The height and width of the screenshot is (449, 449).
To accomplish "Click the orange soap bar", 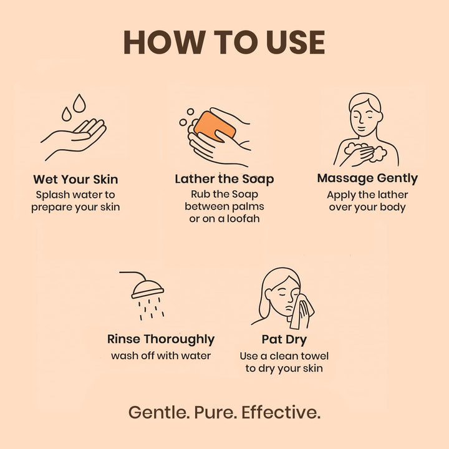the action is [215, 127].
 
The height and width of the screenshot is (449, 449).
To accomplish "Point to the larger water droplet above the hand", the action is [79, 103].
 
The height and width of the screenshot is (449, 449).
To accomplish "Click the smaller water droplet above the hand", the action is [67, 114].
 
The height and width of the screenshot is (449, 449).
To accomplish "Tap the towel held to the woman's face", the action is [301, 311].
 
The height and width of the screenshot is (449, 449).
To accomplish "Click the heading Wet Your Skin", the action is [75, 180].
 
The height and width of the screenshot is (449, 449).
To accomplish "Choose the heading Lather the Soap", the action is [224, 179].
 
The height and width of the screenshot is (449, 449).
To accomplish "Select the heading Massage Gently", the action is [367, 178].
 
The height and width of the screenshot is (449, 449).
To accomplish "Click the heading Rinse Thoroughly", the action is [161, 339].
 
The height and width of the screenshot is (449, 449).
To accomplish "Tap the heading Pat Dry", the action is [284, 340].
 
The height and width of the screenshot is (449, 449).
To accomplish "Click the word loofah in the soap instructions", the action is [243, 219].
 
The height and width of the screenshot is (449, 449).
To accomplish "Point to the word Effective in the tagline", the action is [281, 412].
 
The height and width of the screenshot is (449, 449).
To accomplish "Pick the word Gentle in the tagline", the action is [158, 412].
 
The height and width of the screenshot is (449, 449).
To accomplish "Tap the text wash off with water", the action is [161, 356].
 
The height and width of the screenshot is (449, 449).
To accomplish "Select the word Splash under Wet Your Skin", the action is [52, 195].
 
